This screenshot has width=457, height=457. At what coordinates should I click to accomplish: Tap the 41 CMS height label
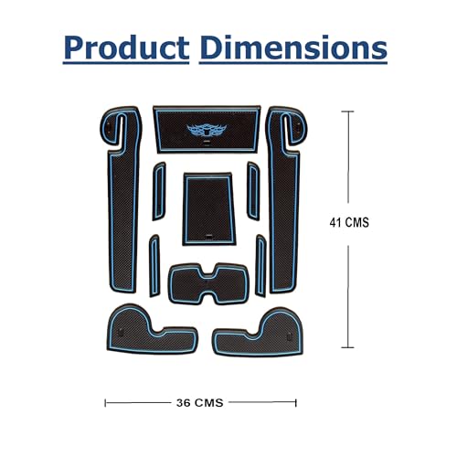[x=349, y=222]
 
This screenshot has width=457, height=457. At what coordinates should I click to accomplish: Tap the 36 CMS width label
[x=200, y=401]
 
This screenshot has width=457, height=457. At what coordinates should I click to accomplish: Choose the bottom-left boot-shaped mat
[x=146, y=332]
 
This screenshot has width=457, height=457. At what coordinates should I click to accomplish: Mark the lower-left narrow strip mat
[x=154, y=265]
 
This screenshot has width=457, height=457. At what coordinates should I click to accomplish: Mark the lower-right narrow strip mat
[x=260, y=265]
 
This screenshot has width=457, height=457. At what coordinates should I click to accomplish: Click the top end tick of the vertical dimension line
[x=346, y=112]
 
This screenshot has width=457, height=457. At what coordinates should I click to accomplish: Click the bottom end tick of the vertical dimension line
[x=346, y=347]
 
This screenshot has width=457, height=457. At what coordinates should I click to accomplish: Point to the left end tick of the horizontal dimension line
[x=106, y=401]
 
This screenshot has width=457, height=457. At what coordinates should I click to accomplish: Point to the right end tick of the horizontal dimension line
[x=296, y=401]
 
